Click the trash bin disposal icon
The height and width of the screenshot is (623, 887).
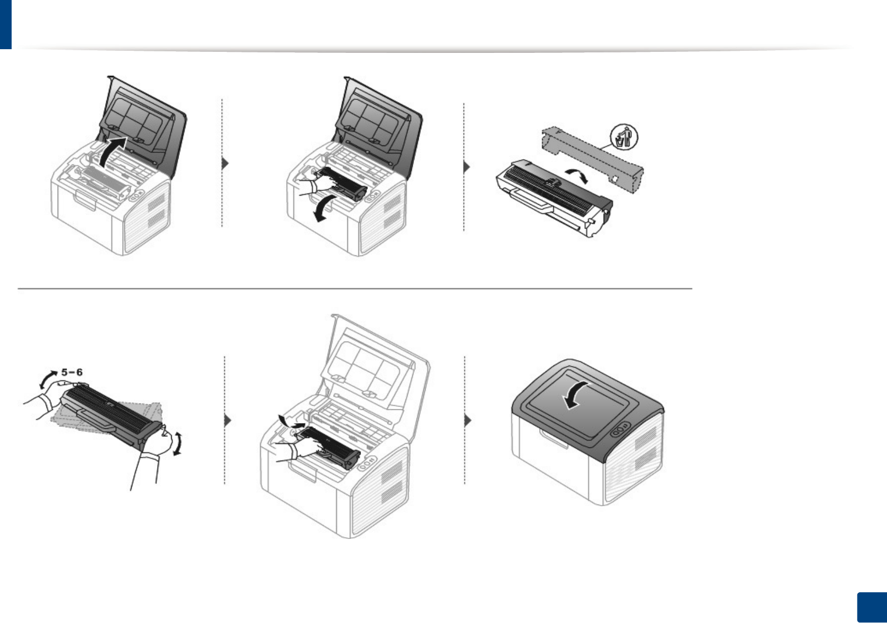coord(624,138)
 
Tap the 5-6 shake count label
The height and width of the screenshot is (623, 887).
coord(72,372)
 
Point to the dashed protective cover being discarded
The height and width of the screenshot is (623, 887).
coord(592,157)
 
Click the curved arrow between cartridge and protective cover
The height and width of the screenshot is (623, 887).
coord(577,175)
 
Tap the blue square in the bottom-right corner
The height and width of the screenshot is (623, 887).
coord(871,607)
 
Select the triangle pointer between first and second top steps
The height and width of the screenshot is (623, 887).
coord(225,163)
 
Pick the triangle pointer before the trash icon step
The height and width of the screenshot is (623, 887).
coord(466,167)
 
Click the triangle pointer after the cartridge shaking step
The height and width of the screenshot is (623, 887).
coord(228,421)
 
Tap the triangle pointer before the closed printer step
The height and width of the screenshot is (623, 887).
coord(467,420)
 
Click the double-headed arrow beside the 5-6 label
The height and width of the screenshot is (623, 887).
coord(48,379)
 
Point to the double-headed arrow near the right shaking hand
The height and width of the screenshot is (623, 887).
coord(179,443)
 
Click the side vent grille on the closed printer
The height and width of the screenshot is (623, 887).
coord(645,448)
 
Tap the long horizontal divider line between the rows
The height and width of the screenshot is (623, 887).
coord(355,289)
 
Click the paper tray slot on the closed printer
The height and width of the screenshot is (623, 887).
coord(553,438)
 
